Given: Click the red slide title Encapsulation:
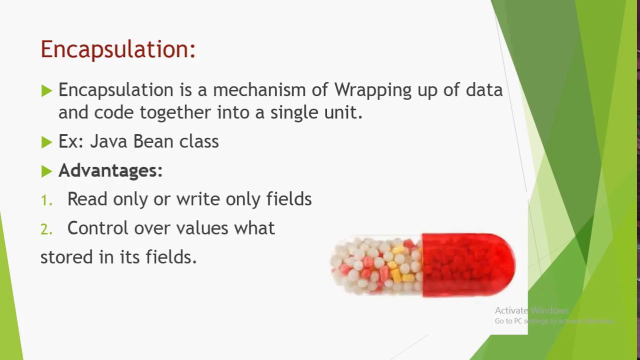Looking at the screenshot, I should click(x=117, y=49).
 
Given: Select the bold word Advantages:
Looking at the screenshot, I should click(x=110, y=170).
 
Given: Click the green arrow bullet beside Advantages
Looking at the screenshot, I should click(x=46, y=171).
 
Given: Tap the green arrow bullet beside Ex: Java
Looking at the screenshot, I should click(x=46, y=142).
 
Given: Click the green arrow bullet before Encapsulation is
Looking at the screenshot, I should click(x=46, y=90).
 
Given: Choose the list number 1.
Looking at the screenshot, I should click(x=45, y=200).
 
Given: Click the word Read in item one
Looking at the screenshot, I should click(x=87, y=199).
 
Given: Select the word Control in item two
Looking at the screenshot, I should click(x=97, y=228).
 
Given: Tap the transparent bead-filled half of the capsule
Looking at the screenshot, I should click(x=377, y=265).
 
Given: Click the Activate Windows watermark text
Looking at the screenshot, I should click(x=531, y=310).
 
